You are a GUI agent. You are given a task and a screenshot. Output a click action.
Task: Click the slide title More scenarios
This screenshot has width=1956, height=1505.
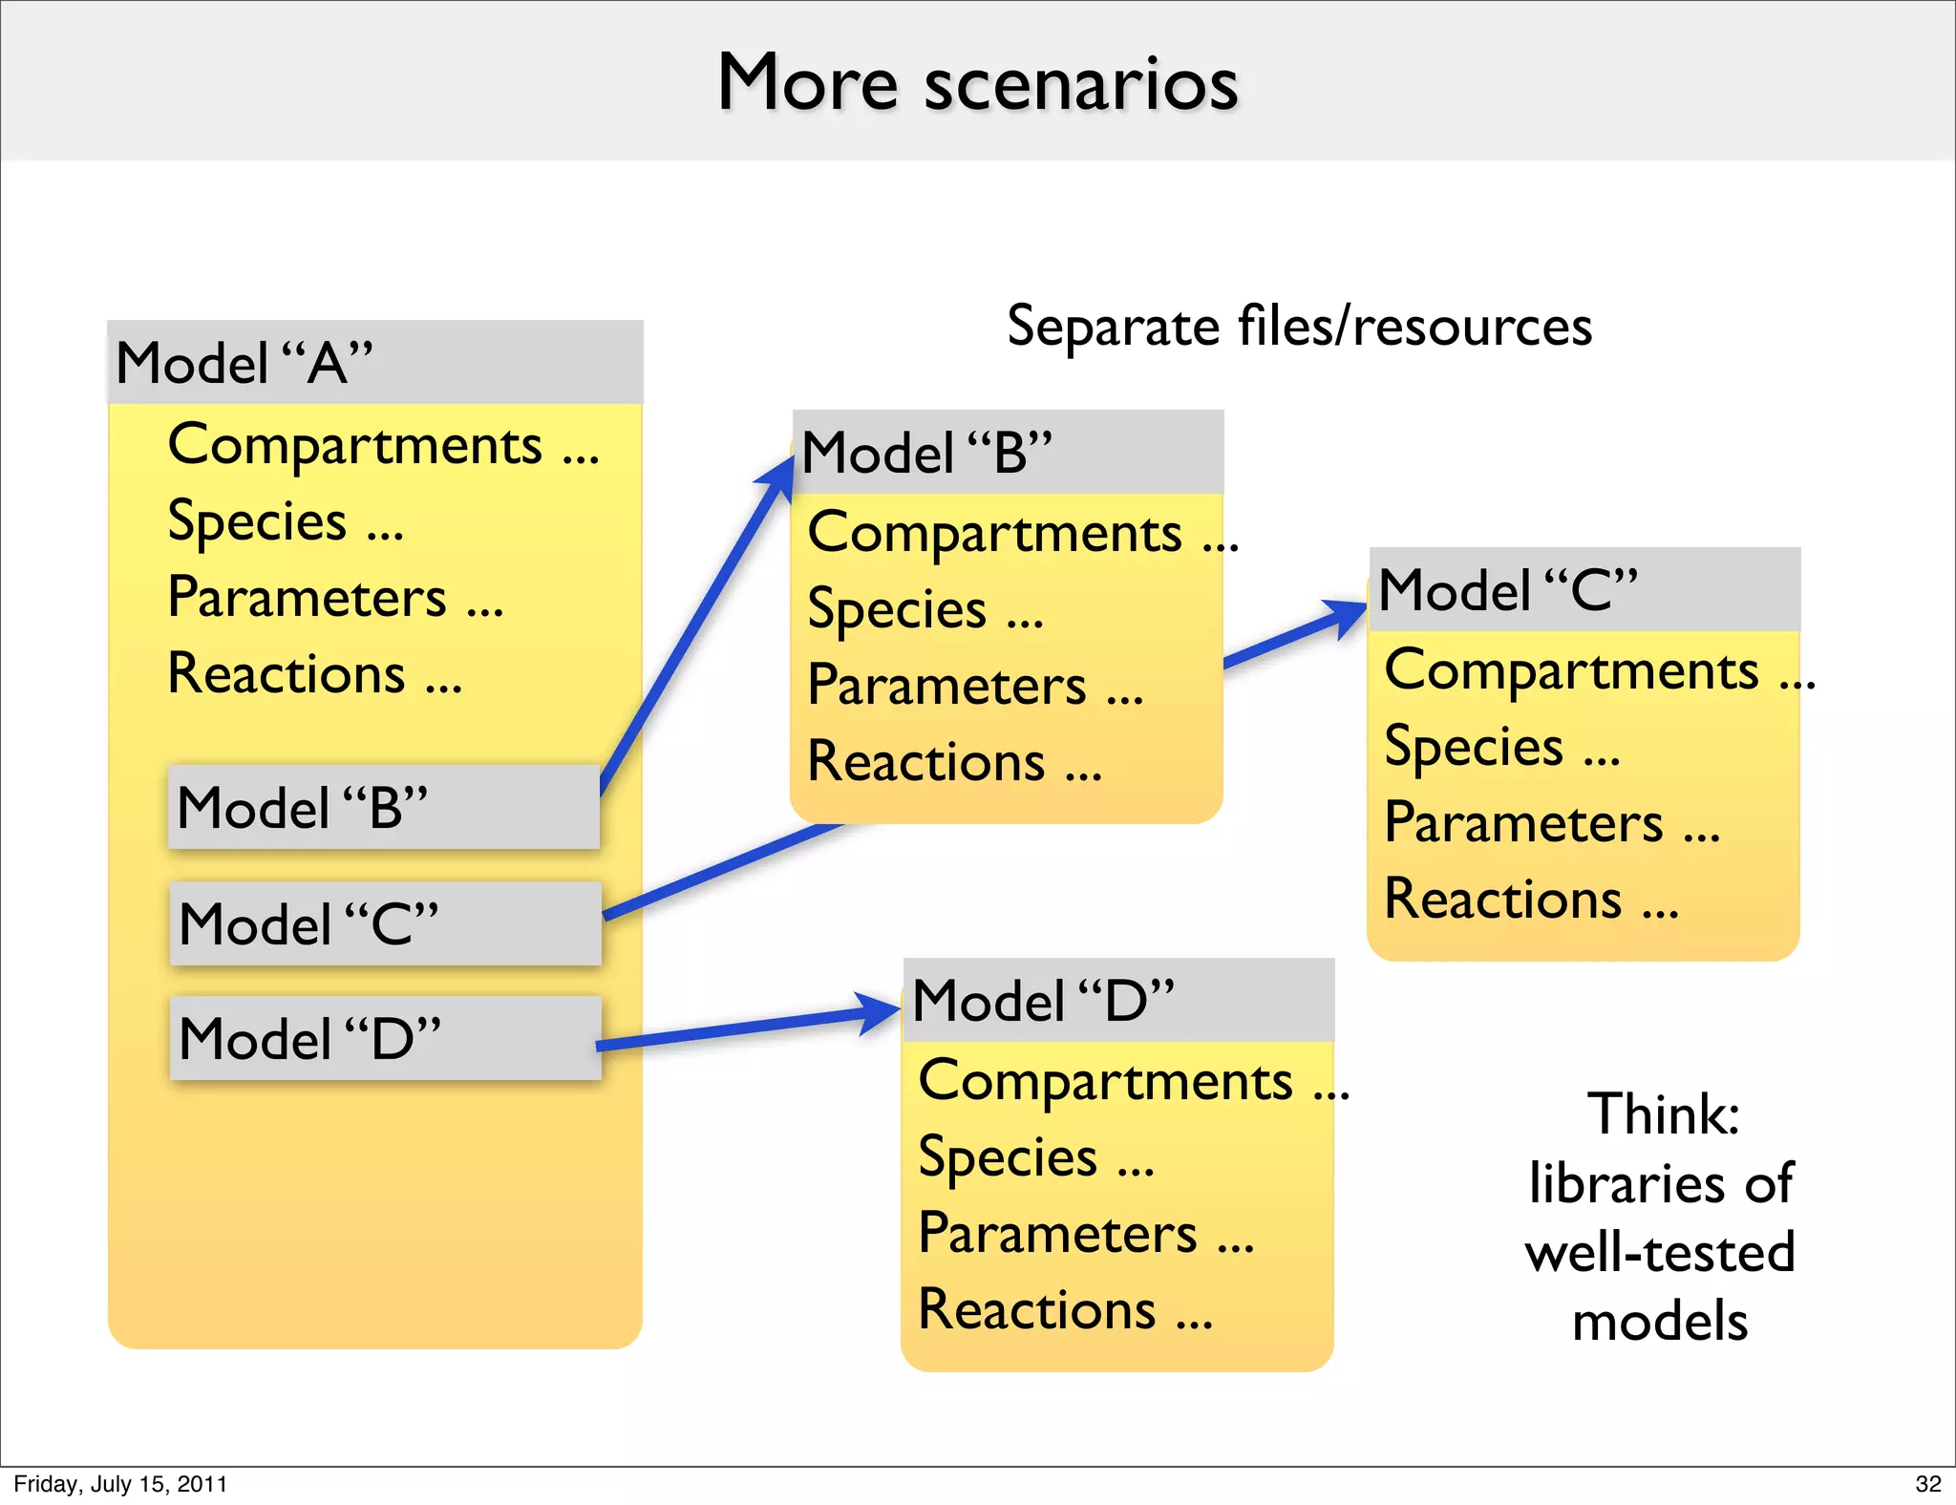pos(977,83)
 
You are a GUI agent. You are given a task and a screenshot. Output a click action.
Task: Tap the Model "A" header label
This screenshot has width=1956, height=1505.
pos(244,364)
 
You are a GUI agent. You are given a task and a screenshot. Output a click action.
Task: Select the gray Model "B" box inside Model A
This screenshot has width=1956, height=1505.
pos(383,808)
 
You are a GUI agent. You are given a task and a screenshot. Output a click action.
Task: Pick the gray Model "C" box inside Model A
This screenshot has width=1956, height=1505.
pos(385,923)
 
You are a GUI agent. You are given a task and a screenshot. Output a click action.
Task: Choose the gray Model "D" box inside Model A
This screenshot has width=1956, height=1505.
pos(385,1038)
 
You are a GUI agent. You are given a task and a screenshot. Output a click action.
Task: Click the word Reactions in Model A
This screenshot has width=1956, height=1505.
pos(287,674)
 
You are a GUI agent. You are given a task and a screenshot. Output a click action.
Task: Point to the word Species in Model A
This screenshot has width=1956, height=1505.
pos(257,522)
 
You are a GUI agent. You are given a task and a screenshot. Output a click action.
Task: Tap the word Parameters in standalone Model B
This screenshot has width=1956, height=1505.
pos(946,686)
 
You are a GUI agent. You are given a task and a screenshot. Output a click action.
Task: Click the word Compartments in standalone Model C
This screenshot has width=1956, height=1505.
pos(1571,670)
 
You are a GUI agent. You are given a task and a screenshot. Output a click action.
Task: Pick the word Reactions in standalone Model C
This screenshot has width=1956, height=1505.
pos(1503,900)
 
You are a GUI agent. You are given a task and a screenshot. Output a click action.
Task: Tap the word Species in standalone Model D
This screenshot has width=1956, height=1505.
pos(1008,1158)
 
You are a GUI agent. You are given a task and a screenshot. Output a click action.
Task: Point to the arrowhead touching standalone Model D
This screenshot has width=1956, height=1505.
pos(880,1013)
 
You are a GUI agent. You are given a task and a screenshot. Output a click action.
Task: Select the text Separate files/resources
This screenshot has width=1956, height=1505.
pos(1299,327)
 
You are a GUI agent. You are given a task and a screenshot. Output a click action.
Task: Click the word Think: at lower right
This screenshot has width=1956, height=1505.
pos(1663,1113)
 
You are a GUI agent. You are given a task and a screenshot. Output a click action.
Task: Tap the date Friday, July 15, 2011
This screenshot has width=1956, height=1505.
pos(120,1484)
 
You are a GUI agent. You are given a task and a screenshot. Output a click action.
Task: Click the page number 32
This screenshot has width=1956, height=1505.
pos(1927,1484)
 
